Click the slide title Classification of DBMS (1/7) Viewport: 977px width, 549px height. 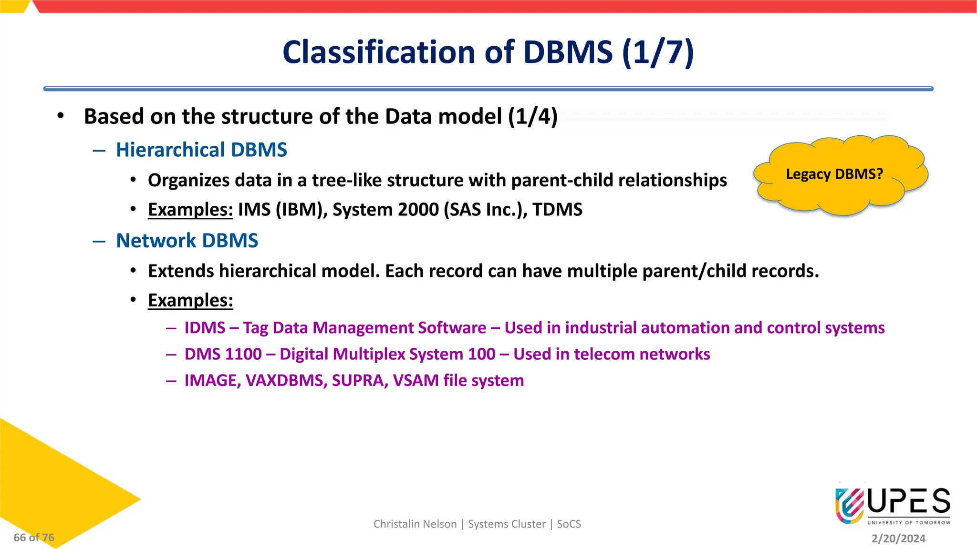[x=488, y=52]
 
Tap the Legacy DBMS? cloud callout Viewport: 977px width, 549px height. [x=834, y=174]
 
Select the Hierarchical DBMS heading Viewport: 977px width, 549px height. [x=201, y=150]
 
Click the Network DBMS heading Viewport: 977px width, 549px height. [x=187, y=241]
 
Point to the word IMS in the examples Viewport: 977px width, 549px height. [x=254, y=210]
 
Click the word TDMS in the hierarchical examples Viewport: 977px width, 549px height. [x=557, y=210]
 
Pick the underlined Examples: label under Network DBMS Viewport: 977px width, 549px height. [x=190, y=300]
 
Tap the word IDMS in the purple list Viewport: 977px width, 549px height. [x=205, y=328]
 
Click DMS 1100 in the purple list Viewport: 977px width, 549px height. [x=223, y=354]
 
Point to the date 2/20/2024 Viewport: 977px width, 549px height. [x=898, y=539]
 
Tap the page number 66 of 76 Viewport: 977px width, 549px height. [x=34, y=538]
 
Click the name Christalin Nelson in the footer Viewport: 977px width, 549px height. [x=415, y=524]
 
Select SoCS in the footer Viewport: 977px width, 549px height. [x=569, y=524]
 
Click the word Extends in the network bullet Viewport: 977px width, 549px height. [x=181, y=271]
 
